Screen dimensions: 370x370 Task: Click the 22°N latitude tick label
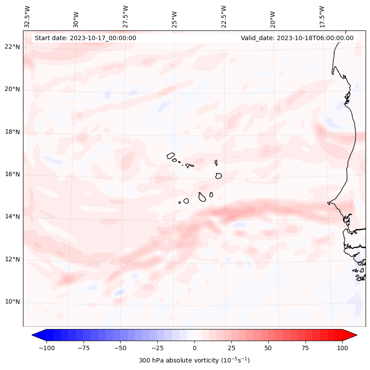coord(12,47)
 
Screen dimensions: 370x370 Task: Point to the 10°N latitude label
coord(12,302)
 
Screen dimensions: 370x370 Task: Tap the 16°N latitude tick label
coord(12,174)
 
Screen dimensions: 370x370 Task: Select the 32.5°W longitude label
coord(27,17)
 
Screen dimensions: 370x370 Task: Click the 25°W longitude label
coord(175,17)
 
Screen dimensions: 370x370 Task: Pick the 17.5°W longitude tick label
coord(322,17)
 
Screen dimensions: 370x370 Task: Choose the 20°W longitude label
coord(273,17)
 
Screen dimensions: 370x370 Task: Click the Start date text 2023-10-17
coord(85,38)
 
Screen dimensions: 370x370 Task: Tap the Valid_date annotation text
coord(297,38)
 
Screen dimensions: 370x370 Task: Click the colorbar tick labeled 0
coord(195,348)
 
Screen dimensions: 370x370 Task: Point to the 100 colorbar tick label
coord(342,348)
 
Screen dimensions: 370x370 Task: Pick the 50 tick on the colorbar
coord(268,348)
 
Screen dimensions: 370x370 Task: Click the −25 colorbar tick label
coord(157,348)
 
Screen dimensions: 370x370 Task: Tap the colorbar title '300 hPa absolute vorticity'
coord(195,360)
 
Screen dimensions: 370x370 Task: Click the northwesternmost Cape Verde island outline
coord(171,156)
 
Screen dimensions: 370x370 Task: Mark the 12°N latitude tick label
coord(12,259)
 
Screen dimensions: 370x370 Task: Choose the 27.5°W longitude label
coord(126,17)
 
